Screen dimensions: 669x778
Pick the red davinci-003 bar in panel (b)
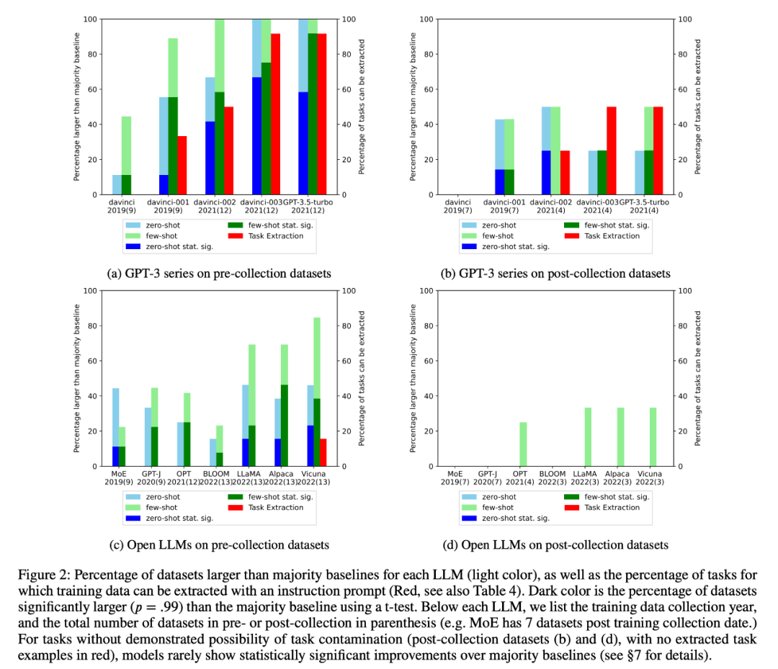click(611, 151)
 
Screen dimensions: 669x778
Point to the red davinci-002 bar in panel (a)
click(229, 151)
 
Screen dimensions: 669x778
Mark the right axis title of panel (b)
click(698, 107)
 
